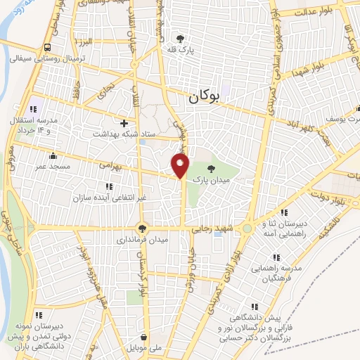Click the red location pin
click(181, 165)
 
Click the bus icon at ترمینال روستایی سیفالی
click(46, 47)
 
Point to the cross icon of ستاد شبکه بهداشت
click(124, 122)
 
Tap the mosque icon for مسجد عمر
click(53, 156)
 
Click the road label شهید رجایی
click(208, 229)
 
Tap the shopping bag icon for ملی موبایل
click(143, 336)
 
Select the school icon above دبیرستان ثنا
click(284, 212)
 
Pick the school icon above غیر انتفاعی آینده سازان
click(108, 186)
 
